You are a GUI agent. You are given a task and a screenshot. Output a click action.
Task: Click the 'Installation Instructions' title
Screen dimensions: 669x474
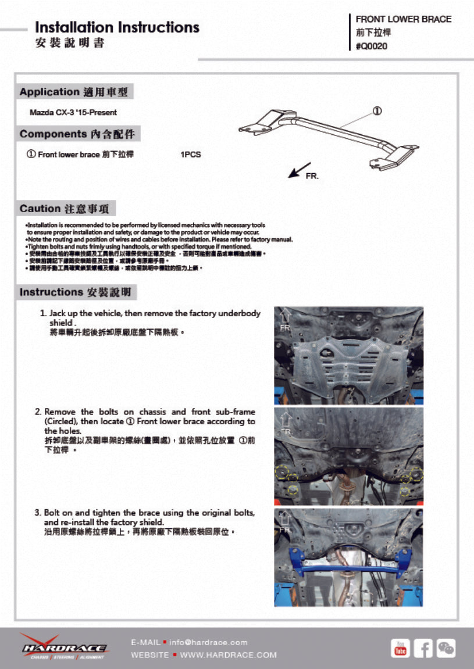coord(117,27)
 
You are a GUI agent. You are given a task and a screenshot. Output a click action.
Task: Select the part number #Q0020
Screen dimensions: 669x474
coord(372,46)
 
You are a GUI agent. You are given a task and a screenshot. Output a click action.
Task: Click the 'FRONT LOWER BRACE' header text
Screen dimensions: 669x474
coord(403,19)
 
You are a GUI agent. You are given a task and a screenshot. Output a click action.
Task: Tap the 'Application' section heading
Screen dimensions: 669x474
coord(49,92)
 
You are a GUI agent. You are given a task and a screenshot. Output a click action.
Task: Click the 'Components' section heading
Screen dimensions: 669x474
coord(53,134)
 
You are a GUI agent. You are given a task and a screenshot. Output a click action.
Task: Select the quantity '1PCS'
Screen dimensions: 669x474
coord(191,155)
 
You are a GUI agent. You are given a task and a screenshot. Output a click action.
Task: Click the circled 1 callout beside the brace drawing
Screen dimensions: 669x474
coord(377,110)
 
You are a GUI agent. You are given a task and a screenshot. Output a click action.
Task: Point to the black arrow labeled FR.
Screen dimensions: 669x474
coord(300,170)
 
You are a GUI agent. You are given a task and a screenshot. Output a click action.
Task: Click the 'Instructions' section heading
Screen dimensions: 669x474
coord(52,292)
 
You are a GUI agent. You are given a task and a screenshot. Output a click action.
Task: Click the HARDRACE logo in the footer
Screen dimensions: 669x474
coord(63,646)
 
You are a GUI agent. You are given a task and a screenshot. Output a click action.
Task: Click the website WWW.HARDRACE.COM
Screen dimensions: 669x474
coord(228,655)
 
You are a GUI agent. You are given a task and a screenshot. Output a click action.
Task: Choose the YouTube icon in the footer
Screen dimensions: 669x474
coord(400,648)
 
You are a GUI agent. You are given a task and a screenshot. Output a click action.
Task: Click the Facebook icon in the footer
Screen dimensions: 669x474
coord(423,648)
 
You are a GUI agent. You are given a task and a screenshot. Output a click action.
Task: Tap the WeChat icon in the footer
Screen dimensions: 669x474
coord(446,648)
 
